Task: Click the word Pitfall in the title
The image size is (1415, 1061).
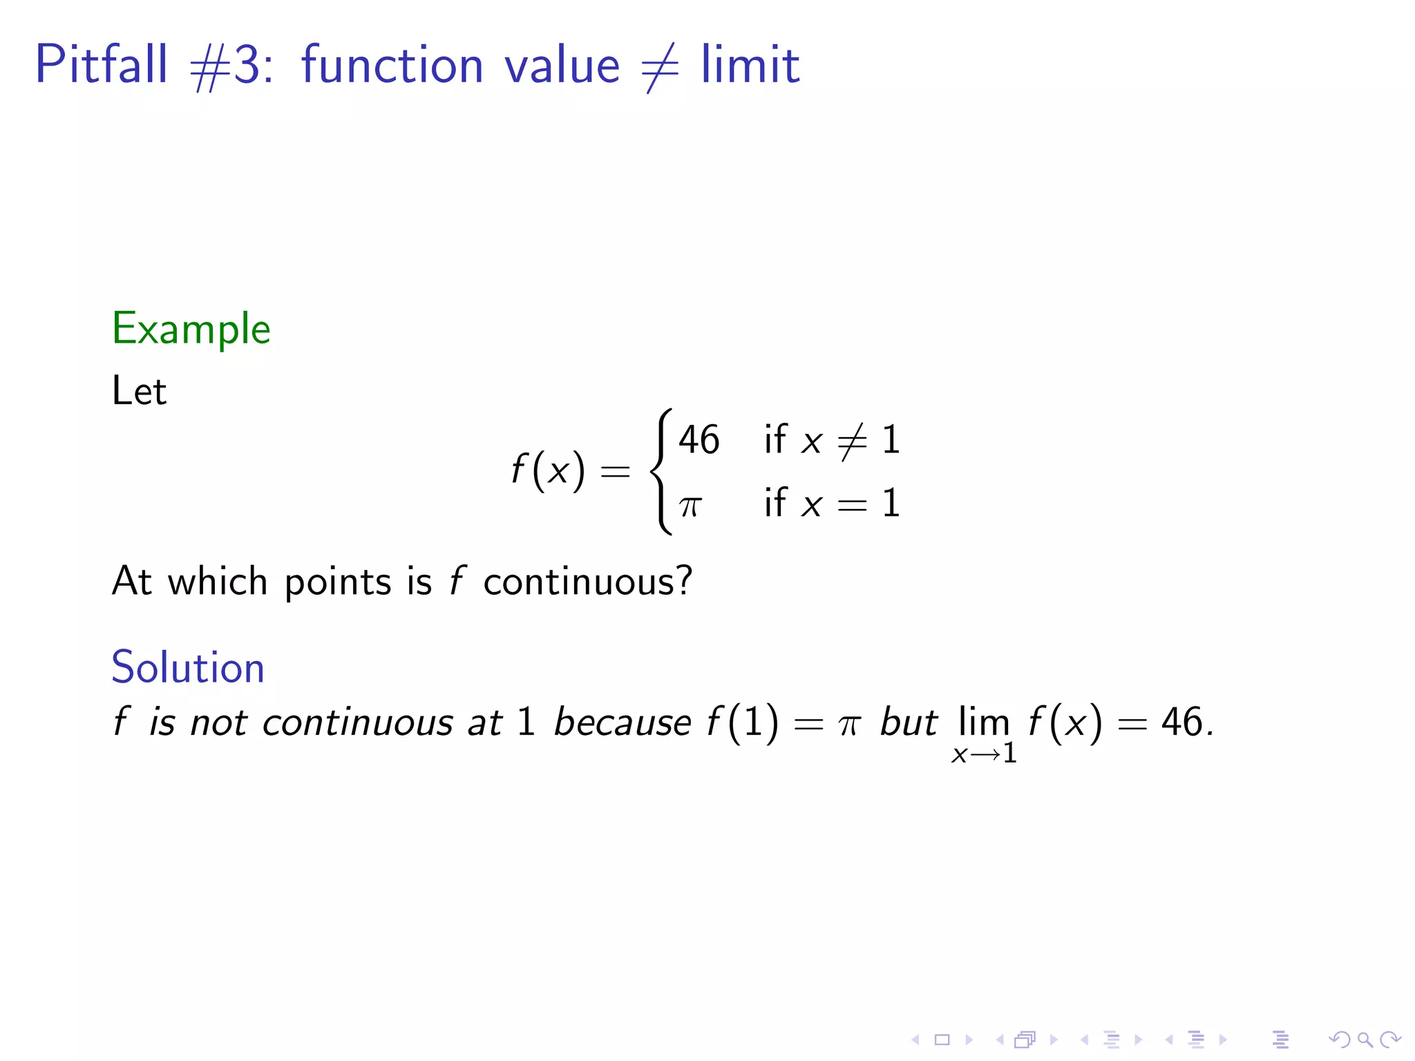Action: (101, 64)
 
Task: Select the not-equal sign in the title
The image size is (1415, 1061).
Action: (660, 67)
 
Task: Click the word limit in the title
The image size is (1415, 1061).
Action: (750, 64)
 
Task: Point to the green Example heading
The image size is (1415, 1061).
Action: (191, 329)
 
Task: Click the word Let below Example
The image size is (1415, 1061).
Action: (139, 391)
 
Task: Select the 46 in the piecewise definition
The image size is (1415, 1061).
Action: (699, 440)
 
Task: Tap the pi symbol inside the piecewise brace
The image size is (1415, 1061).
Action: (690, 505)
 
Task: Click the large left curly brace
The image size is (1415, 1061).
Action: (660, 472)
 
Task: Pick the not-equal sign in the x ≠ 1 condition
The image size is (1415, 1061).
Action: (852, 441)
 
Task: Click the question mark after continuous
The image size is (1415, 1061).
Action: (683, 580)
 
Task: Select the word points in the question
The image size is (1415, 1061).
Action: (338, 582)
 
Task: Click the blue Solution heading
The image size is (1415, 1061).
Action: (188, 667)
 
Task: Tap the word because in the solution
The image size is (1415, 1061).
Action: (622, 723)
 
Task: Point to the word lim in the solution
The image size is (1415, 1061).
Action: (982, 722)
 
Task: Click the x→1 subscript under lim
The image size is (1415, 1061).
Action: (984, 754)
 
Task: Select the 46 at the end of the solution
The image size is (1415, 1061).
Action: (1181, 723)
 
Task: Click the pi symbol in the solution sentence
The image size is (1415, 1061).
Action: (848, 725)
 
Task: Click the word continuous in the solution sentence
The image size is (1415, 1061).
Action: (358, 723)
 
